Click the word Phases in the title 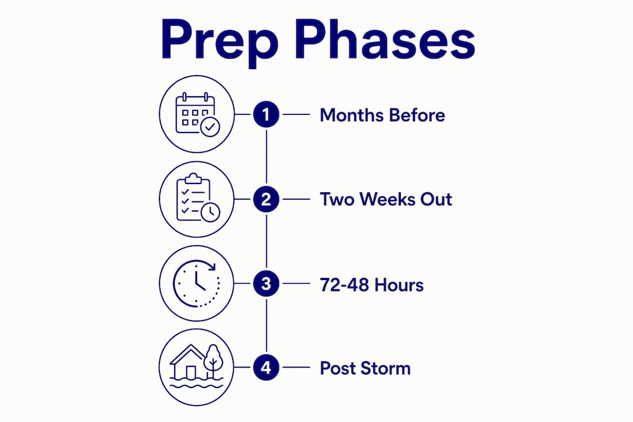[x=385, y=40]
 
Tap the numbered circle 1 [x=266, y=115]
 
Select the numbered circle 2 [x=266, y=199]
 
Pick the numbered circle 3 [x=266, y=284]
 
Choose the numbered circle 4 [x=266, y=367]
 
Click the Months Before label [x=382, y=115]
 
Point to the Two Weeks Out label [x=386, y=199]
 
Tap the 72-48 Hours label [x=372, y=285]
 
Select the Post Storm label [x=365, y=368]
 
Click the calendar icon [x=198, y=114]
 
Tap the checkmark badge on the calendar [x=210, y=127]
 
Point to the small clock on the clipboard [x=210, y=212]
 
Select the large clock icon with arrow [x=196, y=283]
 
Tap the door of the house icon [x=190, y=372]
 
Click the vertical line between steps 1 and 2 [x=266, y=156]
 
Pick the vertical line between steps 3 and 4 [x=266, y=325]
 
